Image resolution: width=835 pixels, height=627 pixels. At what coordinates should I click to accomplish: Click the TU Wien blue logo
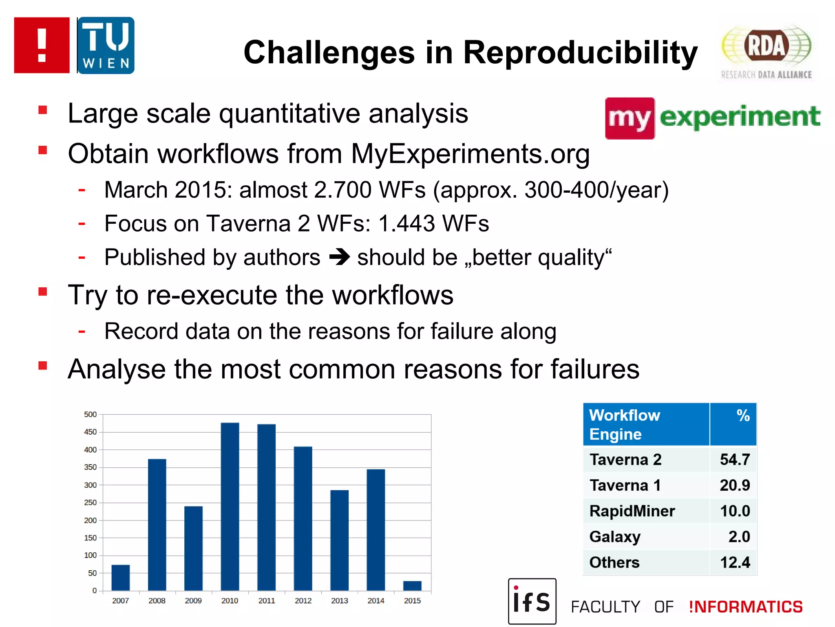point(106,45)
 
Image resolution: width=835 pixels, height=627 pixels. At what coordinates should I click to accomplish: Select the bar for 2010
point(230,506)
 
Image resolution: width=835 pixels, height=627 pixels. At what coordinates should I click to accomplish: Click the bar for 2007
point(120,577)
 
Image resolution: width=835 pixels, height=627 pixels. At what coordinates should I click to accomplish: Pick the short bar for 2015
point(412,585)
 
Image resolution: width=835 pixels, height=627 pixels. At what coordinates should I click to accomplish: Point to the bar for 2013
point(339,540)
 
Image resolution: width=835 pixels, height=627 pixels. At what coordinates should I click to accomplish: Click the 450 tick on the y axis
point(91,432)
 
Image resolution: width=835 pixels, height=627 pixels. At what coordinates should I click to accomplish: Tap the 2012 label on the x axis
point(303,600)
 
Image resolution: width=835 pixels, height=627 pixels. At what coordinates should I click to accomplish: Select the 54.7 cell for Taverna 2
point(734,460)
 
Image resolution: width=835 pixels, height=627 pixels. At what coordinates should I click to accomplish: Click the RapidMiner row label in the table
point(632,511)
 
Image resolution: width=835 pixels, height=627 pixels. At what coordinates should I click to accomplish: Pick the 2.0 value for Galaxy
point(739,537)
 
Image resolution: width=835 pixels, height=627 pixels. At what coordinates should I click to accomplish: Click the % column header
point(743,416)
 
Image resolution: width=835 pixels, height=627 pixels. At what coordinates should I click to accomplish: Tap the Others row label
point(614,563)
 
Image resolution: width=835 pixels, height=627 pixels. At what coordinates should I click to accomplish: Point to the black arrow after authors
point(339,257)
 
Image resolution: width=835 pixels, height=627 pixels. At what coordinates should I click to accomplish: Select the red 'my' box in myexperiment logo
point(630,118)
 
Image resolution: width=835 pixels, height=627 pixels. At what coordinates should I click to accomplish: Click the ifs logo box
point(532,601)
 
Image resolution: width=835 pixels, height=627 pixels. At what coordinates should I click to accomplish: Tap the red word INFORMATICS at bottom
point(746,607)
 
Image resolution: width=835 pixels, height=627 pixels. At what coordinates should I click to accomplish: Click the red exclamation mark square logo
point(42,45)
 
